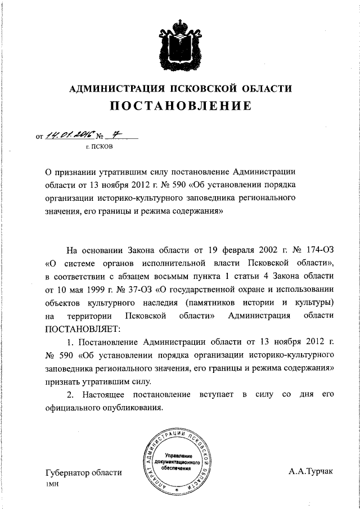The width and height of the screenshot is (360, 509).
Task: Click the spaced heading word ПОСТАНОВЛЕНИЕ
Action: click(x=180, y=106)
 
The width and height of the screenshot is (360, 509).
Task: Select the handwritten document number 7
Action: click(x=116, y=134)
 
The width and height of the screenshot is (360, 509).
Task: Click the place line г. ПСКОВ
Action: click(x=99, y=147)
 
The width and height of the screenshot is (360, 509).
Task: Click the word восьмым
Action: click(x=186, y=276)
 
